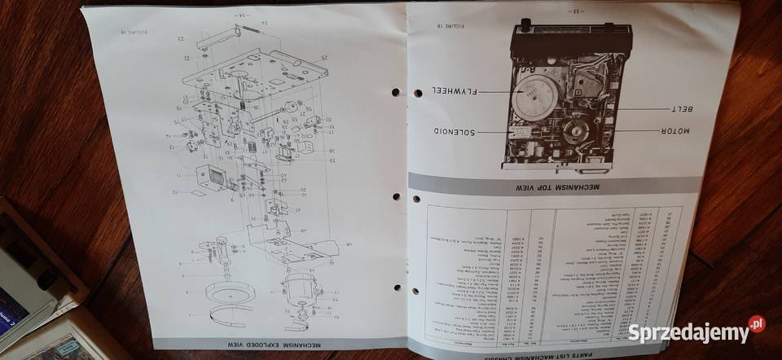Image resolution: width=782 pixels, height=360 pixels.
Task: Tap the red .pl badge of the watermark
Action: (757, 324)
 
